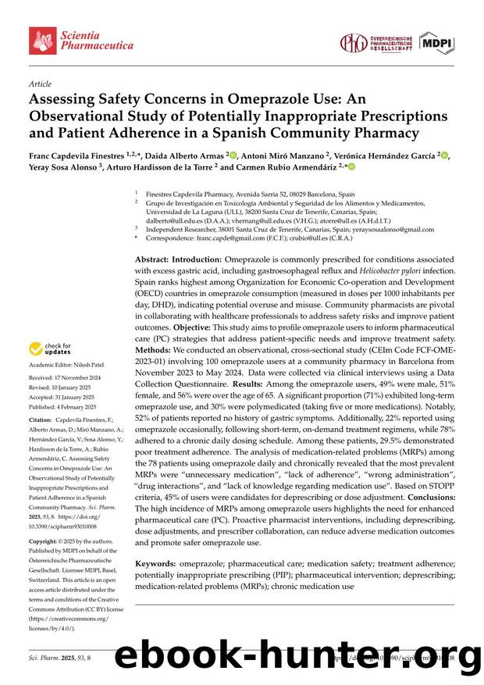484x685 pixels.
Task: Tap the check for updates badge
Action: click(50, 349)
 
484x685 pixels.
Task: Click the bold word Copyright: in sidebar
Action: click(46, 541)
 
